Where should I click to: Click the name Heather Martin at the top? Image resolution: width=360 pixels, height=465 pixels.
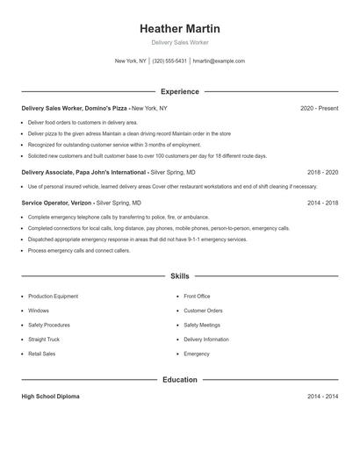180,28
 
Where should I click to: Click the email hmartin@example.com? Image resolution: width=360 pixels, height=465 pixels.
219,61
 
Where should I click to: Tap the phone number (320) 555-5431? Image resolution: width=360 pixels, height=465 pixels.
169,61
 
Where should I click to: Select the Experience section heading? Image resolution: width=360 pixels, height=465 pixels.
180,91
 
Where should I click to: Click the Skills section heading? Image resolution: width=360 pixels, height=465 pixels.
180,275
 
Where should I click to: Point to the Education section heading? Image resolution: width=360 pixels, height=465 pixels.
180,380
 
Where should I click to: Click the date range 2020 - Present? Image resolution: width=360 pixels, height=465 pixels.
319,108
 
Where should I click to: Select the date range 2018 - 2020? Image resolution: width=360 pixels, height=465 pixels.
322,173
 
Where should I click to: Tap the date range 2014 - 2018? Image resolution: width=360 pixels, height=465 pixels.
322,202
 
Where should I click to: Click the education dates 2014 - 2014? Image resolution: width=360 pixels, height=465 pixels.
322,397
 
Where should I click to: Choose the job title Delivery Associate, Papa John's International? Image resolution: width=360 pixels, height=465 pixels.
84,173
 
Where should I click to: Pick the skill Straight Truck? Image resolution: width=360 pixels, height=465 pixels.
44,339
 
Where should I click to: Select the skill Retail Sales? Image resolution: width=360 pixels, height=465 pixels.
41,354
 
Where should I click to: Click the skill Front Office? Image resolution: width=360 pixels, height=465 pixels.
197,297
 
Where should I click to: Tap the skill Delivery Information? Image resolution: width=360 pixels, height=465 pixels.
206,339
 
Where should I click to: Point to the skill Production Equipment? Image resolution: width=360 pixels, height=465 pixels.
53,297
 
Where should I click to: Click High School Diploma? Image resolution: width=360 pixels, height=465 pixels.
50,397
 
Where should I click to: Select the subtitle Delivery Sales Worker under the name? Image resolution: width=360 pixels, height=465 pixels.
180,42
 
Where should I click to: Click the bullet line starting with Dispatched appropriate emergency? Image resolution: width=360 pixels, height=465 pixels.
137,239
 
